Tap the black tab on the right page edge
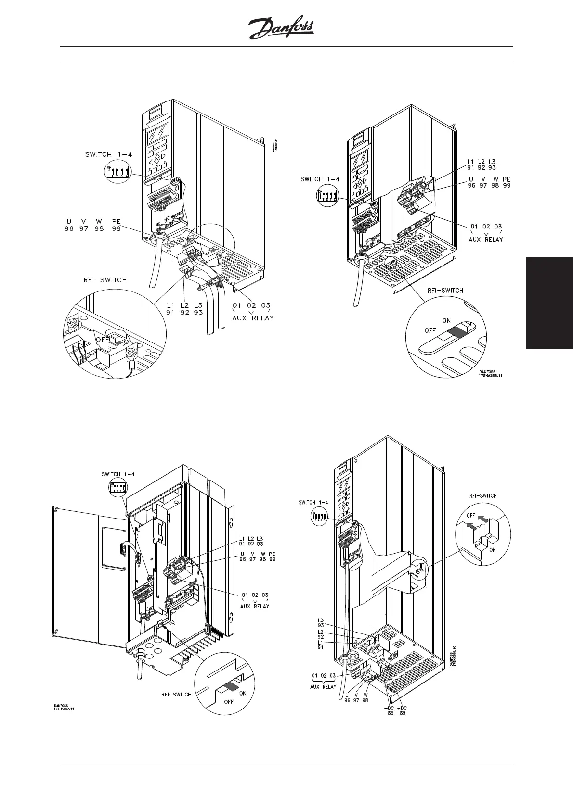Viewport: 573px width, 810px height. pos(549,303)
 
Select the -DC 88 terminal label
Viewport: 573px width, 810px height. pos(389,710)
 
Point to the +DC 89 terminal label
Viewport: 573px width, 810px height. pos(402,710)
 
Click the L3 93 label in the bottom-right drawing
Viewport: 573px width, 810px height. pos(321,622)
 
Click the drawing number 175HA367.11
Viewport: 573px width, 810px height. pos(64,709)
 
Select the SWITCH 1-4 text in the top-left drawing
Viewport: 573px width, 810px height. pos(108,154)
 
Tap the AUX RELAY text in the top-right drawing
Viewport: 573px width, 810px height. pos(486,239)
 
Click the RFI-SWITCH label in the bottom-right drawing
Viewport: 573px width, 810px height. pos(483,495)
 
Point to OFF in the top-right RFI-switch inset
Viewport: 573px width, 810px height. pos(430,330)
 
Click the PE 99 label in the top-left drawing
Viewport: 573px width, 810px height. pos(116,225)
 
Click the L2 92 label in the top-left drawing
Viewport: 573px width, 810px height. pos(184,309)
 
